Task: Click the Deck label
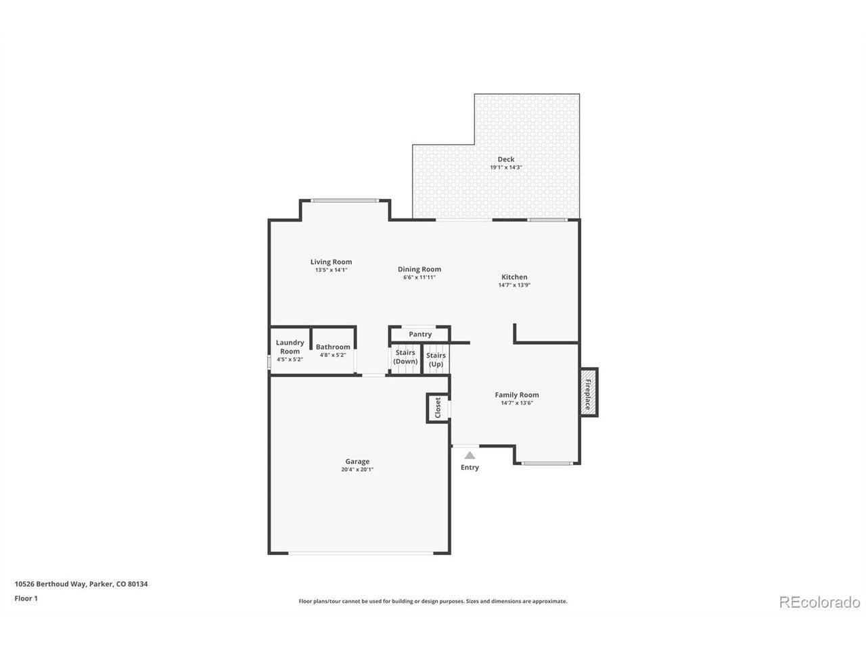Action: point(505,159)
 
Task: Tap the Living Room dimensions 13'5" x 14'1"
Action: point(331,270)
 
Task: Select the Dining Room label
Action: point(419,269)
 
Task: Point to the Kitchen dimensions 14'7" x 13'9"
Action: point(514,285)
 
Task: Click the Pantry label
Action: point(419,334)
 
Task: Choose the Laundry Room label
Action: point(290,347)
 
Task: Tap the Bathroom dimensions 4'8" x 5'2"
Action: point(333,355)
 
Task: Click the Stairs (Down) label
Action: point(405,357)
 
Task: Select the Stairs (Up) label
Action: point(436,360)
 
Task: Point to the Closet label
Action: point(438,408)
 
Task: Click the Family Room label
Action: point(516,395)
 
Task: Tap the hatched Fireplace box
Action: point(588,392)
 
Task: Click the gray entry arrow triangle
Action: point(469,456)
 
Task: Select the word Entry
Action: point(470,467)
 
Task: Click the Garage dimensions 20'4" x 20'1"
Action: point(357,469)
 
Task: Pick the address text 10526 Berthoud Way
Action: point(50,584)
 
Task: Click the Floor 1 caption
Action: point(26,598)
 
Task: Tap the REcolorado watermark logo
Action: point(819,602)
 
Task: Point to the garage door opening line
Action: point(361,553)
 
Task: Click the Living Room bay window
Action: point(344,201)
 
